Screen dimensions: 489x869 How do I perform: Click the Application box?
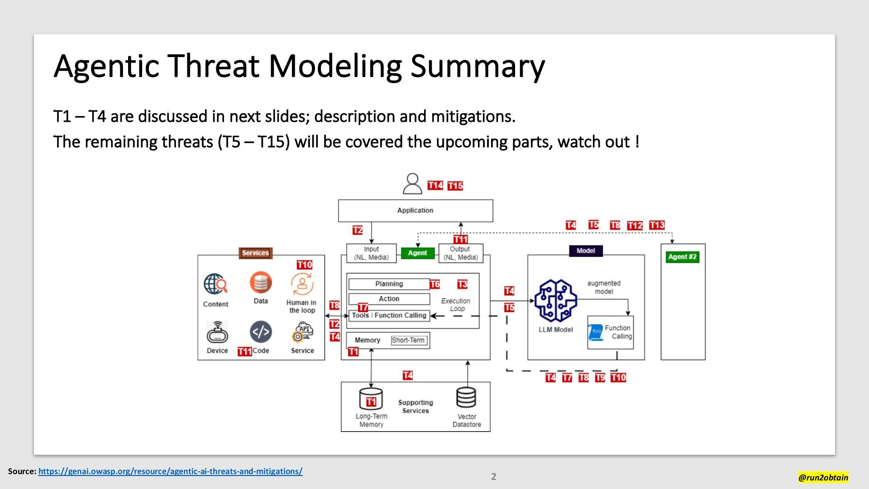click(x=415, y=211)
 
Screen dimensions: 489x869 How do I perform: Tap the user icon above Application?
click(x=412, y=183)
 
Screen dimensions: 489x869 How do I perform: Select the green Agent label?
click(x=417, y=253)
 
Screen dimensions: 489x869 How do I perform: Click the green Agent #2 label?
click(x=682, y=257)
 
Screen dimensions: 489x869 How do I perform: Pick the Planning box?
click(x=389, y=284)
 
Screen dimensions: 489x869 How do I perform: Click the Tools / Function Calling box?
click(x=389, y=316)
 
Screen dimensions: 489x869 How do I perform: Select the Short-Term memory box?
click(x=408, y=340)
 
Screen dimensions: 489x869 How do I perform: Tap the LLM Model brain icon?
click(x=555, y=301)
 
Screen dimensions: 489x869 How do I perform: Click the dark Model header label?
click(x=586, y=251)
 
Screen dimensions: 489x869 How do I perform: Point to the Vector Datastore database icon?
click(x=466, y=398)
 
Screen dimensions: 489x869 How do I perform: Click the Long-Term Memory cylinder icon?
click(x=371, y=399)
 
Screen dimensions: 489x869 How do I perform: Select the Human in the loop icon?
click(x=302, y=284)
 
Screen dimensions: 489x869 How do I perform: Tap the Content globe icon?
click(x=215, y=284)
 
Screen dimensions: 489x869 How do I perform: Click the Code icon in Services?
click(x=261, y=332)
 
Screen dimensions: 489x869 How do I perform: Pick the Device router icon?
click(x=217, y=333)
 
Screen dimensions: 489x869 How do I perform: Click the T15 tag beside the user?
click(x=455, y=186)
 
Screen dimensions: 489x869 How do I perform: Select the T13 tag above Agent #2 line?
click(x=657, y=225)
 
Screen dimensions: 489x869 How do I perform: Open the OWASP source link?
click(x=170, y=471)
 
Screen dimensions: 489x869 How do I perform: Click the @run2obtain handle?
click(x=823, y=477)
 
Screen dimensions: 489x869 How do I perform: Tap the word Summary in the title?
click(x=477, y=66)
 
